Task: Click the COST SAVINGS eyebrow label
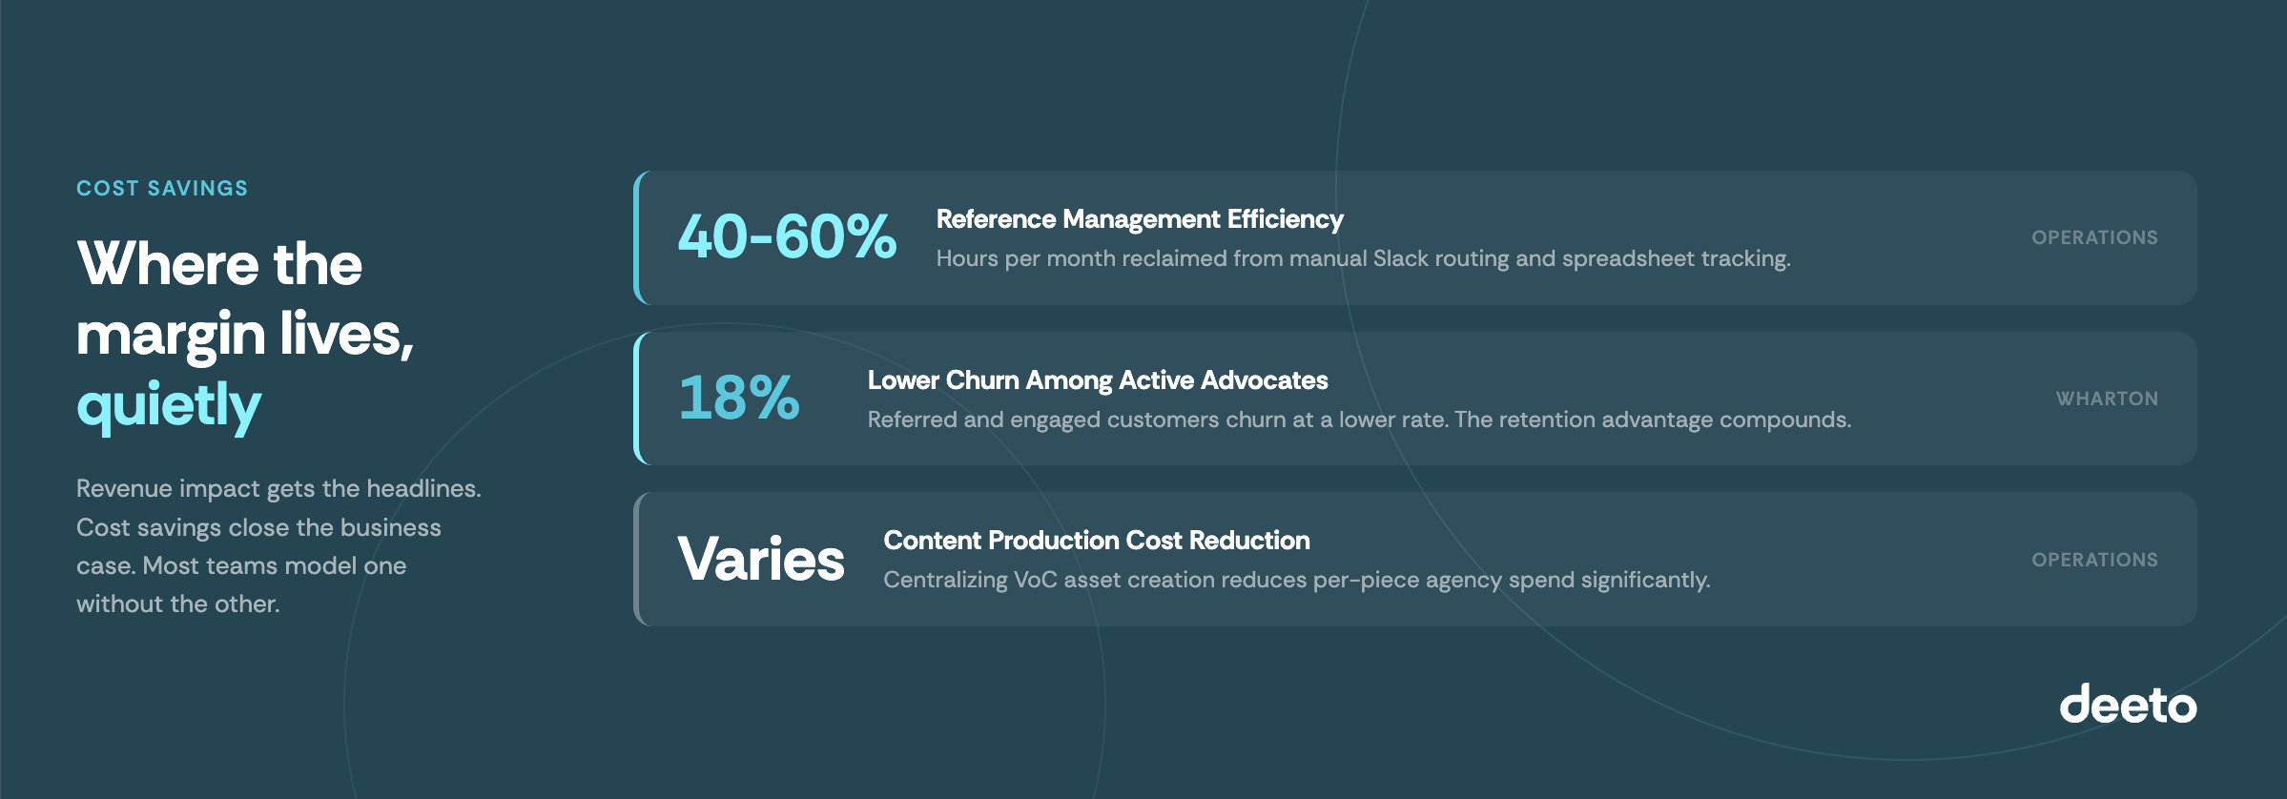(162, 189)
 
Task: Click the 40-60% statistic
(787, 236)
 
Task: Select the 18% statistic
(739, 398)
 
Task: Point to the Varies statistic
(761, 559)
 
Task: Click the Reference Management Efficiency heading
(1140, 219)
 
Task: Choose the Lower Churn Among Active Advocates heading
(1097, 380)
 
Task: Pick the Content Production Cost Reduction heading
(1097, 541)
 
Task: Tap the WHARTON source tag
(2107, 399)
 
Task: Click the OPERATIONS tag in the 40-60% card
(2094, 237)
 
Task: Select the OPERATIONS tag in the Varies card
(2094, 560)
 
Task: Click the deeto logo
(2128, 705)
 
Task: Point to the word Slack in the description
(1402, 258)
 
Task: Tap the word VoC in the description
(1036, 580)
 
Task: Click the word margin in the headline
(171, 336)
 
